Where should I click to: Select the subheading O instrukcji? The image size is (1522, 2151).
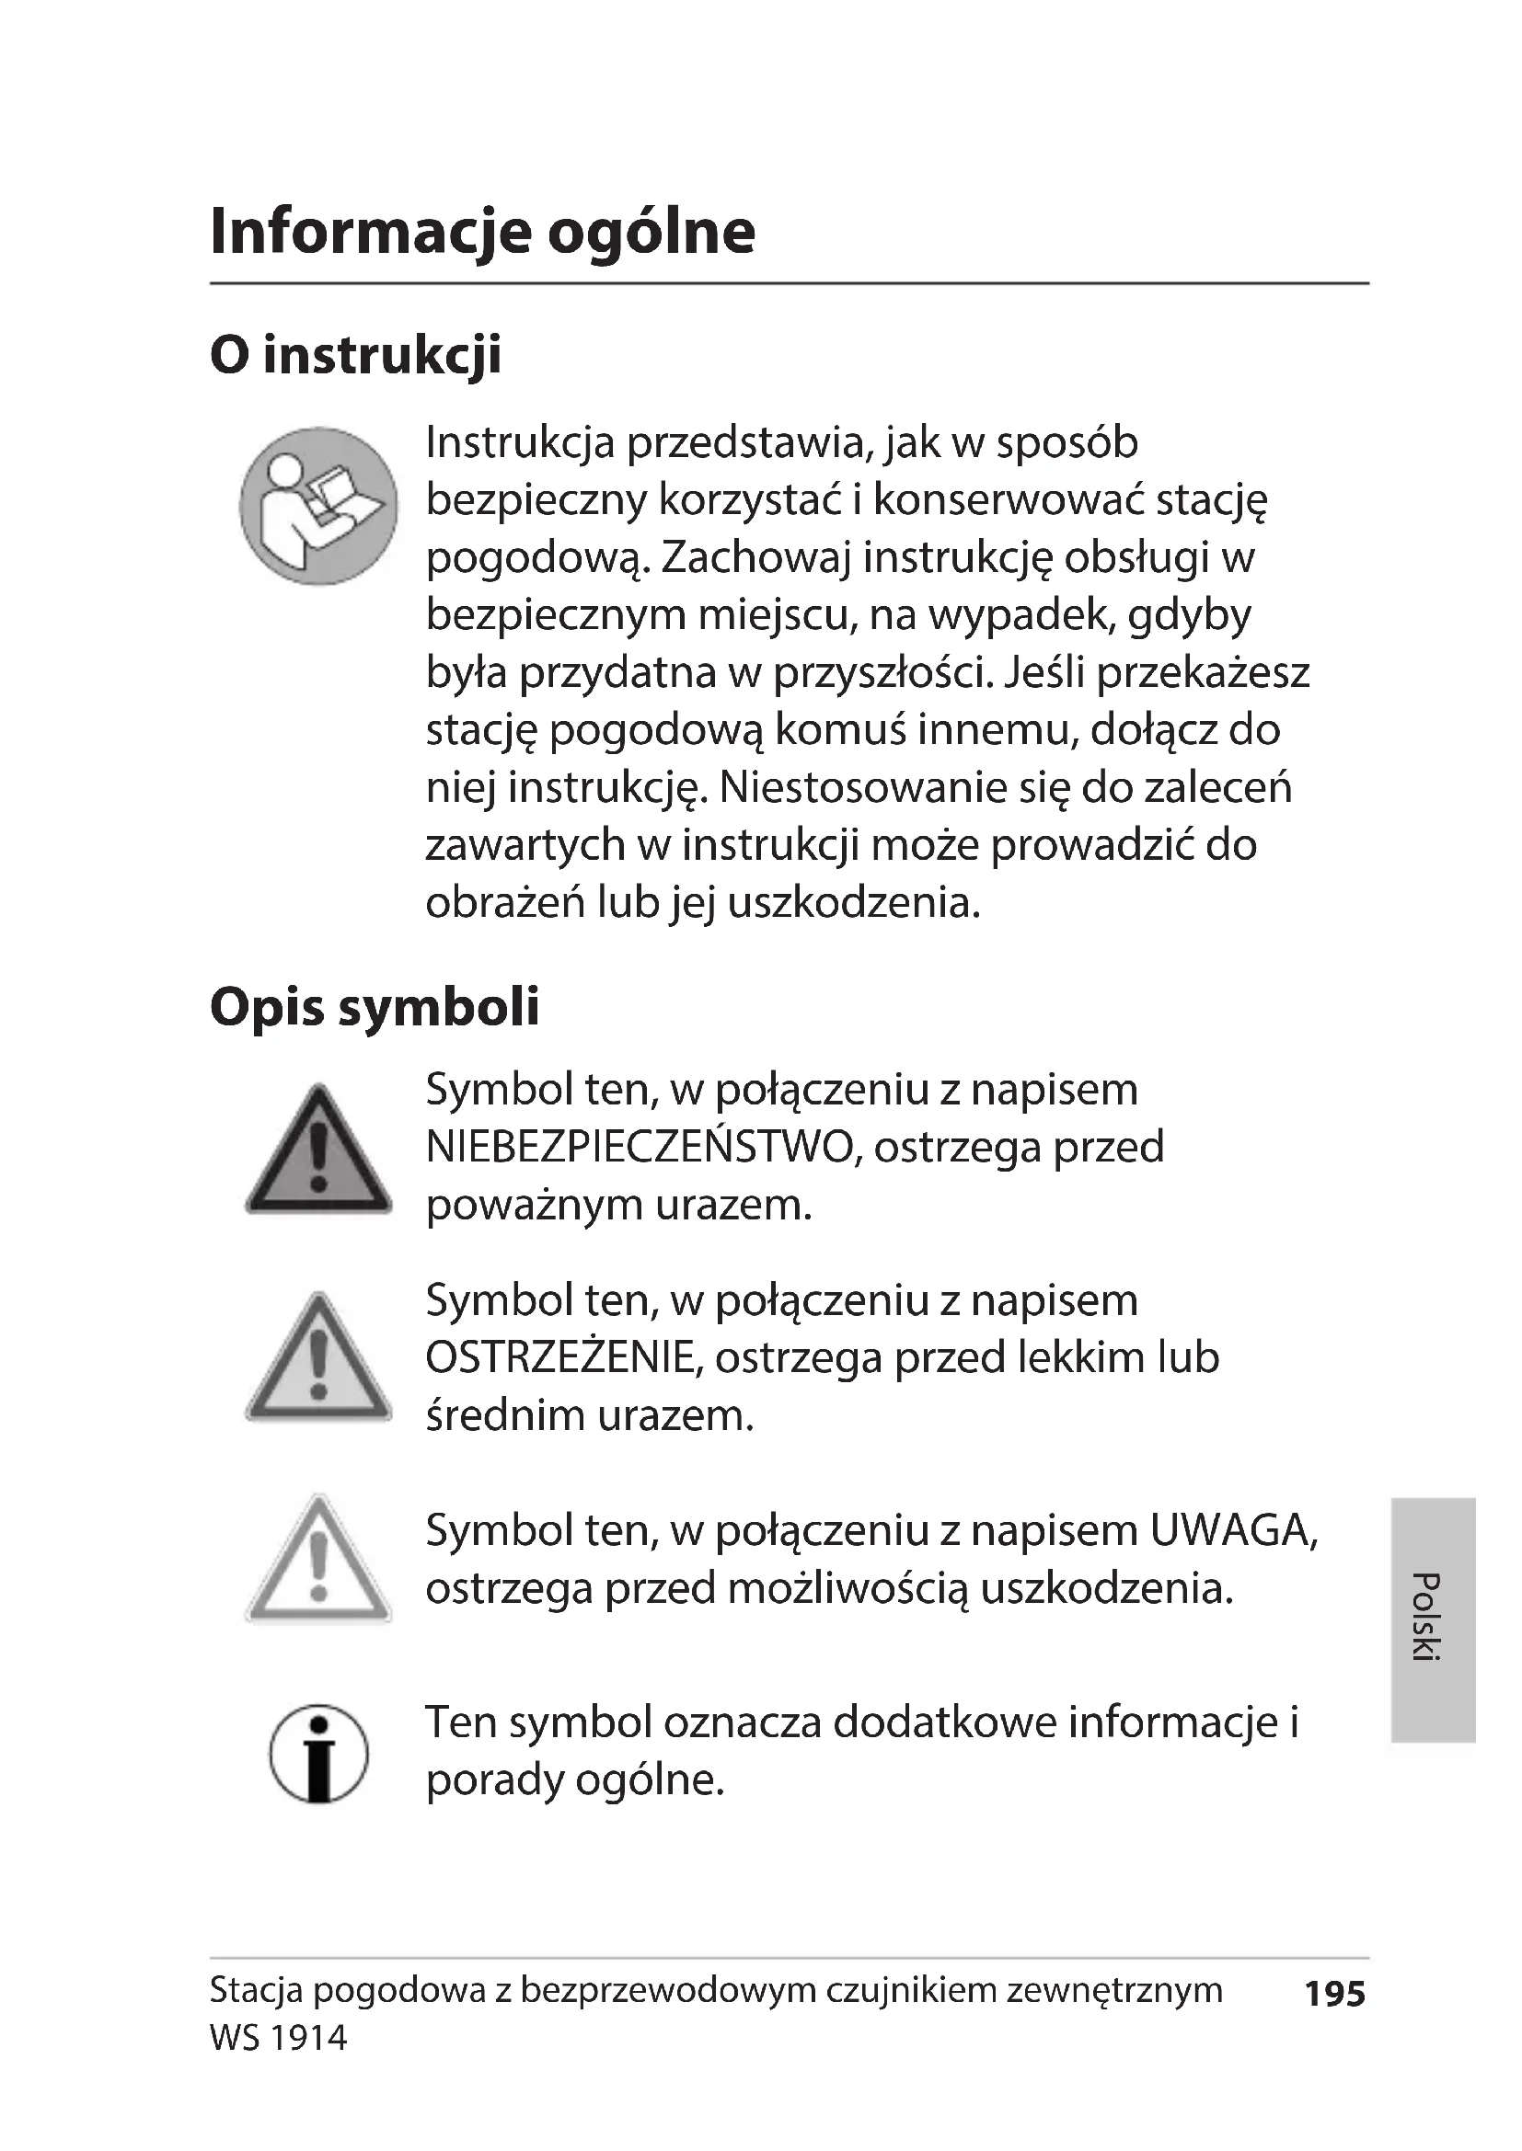click(355, 355)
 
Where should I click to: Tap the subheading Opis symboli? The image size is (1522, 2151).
click(374, 1007)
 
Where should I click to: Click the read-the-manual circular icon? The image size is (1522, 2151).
click(317, 506)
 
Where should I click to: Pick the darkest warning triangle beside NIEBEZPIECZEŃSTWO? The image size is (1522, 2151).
click(317, 1152)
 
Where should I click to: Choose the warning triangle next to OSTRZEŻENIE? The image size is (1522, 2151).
click(317, 1359)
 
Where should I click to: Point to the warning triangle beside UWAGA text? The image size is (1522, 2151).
click(317, 1562)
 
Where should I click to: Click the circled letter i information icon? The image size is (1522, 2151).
click(317, 1753)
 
